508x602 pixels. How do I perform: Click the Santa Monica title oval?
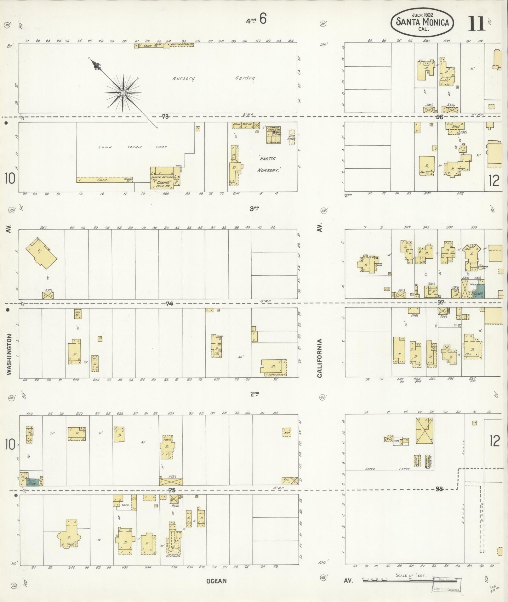[x=422, y=22]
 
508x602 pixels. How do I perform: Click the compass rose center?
[x=123, y=93]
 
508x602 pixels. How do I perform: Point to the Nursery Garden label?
[x=213, y=78]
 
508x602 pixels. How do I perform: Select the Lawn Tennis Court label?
[x=132, y=147]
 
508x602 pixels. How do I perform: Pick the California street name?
[x=320, y=358]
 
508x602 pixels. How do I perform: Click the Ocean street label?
[x=216, y=581]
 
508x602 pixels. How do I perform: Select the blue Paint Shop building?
[x=31, y=482]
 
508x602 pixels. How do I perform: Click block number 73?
[x=165, y=117]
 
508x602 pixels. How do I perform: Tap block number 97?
[x=440, y=302]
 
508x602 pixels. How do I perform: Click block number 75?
[x=171, y=490]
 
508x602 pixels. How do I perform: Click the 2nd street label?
[x=254, y=394]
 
